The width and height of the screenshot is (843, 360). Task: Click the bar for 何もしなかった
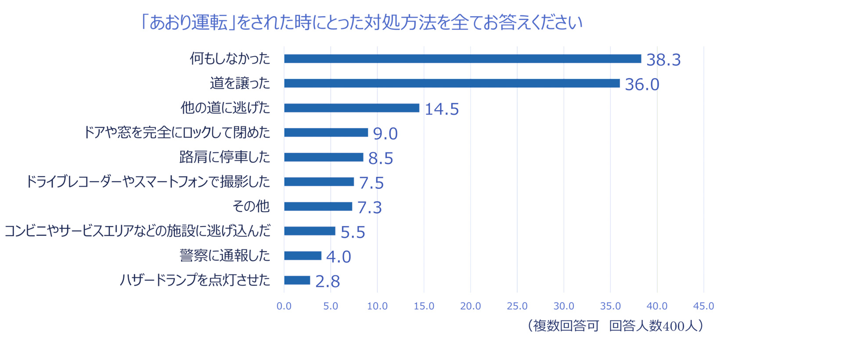point(462,59)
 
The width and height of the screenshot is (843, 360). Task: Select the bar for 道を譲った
point(452,83)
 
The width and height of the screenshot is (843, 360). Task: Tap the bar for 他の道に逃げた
point(352,108)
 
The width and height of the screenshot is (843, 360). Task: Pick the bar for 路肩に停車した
point(324,157)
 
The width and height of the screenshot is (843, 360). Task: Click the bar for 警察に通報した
point(303,256)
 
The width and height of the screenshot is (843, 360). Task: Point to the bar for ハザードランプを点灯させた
point(297,280)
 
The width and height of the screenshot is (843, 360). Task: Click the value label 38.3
point(663,60)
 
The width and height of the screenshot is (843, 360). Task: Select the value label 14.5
point(442,109)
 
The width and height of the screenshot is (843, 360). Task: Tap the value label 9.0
point(385,133)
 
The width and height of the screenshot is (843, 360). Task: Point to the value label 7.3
point(369,207)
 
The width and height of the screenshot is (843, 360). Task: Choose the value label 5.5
point(353,232)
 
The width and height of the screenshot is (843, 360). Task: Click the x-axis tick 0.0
point(284,306)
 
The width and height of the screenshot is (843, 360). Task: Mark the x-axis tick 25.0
point(517,306)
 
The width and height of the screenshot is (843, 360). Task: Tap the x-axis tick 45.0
point(703,306)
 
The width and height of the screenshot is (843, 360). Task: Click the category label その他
point(251,206)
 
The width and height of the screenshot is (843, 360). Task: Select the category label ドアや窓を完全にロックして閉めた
point(177,132)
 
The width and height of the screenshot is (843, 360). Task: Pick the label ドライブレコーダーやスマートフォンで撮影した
point(148,181)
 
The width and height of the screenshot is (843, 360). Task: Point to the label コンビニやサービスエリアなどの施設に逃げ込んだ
point(137,230)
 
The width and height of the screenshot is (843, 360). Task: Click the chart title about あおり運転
point(361,22)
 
